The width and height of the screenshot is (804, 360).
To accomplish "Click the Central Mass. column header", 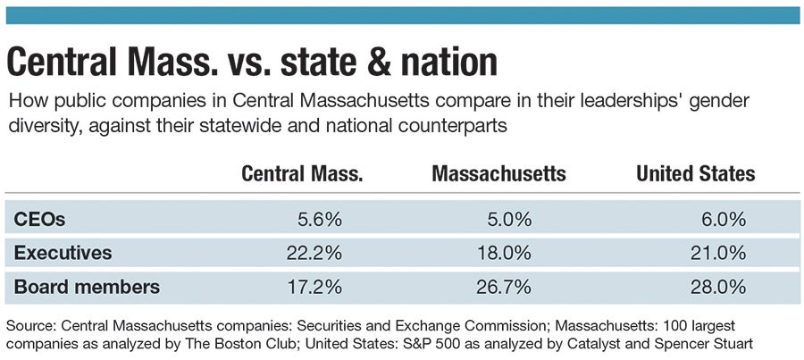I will pyautogui.click(x=302, y=173).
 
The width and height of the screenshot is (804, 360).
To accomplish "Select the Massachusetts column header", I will pyautogui.click(x=498, y=173).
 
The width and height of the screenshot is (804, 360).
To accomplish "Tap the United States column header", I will pyautogui.click(x=695, y=173).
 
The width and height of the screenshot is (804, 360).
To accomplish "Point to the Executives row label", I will pyautogui.click(x=63, y=253).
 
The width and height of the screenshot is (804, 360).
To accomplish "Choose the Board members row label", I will pyautogui.click(x=87, y=287).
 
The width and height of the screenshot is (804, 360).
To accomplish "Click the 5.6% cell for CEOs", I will pyautogui.click(x=320, y=219).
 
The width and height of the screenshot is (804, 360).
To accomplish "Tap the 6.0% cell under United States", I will pyautogui.click(x=724, y=219).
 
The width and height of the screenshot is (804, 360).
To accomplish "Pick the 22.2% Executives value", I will pyautogui.click(x=314, y=253).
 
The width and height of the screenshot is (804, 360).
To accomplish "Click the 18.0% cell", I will pyautogui.click(x=505, y=253).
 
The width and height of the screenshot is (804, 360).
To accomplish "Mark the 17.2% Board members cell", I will pyautogui.click(x=314, y=287).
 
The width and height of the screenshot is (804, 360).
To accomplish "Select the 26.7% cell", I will pyautogui.click(x=505, y=287).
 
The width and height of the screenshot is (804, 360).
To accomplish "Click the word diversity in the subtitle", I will pyautogui.click(x=38, y=126).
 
